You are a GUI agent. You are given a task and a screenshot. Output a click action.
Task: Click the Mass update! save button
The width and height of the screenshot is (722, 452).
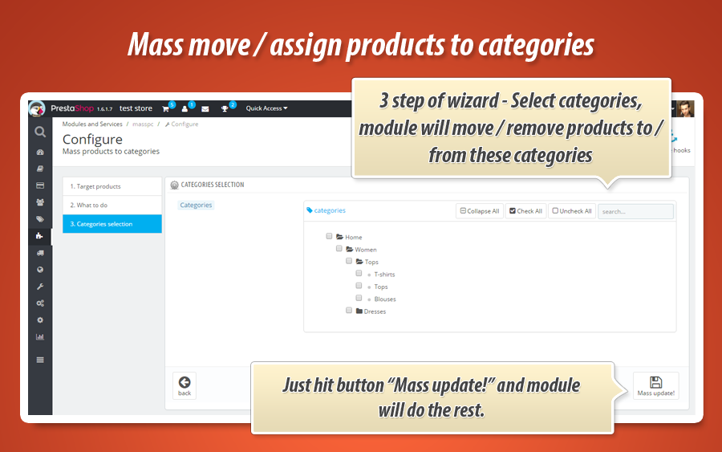tap(655, 385)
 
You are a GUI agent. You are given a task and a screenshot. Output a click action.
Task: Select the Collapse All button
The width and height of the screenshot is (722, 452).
tap(480, 211)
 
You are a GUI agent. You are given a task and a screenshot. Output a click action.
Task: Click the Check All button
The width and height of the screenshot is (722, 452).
tap(525, 211)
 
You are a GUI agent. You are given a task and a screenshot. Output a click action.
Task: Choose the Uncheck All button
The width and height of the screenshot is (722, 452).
tap(572, 211)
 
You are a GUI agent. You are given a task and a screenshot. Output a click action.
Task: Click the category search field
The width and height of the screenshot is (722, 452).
tap(635, 211)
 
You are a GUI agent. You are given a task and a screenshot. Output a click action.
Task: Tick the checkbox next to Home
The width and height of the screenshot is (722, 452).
tap(329, 236)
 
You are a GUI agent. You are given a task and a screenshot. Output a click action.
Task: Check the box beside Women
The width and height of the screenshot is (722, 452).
tap(339, 249)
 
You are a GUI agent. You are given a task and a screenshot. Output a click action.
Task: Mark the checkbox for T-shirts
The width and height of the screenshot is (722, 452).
tap(359, 273)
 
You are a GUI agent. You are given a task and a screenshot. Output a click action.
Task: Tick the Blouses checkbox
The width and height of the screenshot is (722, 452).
tap(359, 298)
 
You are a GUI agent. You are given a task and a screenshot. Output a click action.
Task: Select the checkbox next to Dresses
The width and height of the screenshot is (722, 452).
tap(349, 311)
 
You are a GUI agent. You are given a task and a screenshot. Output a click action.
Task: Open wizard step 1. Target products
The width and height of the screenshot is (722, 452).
tap(112, 186)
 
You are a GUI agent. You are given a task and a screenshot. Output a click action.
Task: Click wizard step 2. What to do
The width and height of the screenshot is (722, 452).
tap(112, 205)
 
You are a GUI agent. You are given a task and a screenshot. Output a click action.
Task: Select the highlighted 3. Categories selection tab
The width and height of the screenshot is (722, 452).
tap(112, 224)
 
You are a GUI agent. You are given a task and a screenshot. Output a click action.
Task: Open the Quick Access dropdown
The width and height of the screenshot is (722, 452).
tap(266, 108)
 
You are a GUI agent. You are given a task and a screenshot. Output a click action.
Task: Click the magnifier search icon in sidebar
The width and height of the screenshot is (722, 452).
tap(40, 132)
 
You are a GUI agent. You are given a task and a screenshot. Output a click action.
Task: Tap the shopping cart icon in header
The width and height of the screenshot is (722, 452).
tap(166, 108)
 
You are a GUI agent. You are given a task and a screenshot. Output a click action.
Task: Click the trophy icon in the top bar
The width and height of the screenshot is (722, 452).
tap(225, 108)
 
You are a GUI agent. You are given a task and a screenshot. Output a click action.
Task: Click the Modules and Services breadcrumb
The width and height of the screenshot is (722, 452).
tap(92, 124)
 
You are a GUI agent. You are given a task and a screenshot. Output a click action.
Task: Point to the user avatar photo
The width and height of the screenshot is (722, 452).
tap(685, 108)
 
